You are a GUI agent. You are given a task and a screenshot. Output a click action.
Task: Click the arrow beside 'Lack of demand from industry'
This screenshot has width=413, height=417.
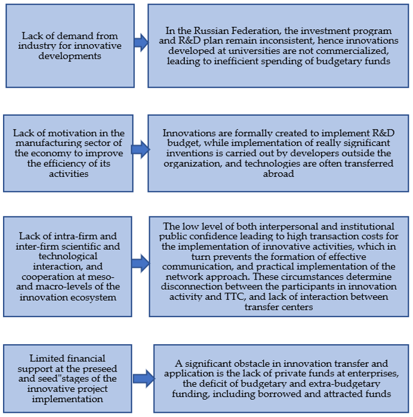pos(141,42)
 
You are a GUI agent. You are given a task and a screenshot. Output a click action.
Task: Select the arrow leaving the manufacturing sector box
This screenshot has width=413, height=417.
pos(141,149)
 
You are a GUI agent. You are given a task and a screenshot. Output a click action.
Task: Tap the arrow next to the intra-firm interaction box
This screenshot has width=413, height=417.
pos(141,262)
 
